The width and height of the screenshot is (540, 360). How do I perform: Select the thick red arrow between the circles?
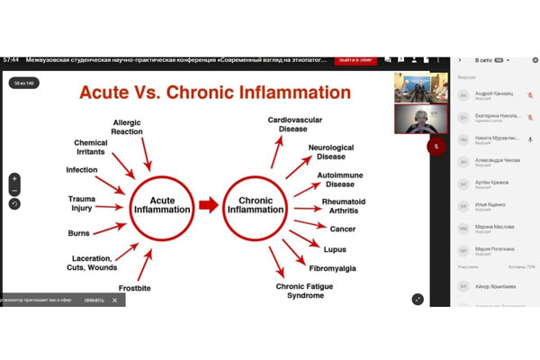(209, 204)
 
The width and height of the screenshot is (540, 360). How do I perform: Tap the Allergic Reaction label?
(127, 127)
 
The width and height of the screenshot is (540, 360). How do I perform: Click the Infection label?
(82, 170)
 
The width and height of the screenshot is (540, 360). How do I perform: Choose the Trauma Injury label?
(81, 203)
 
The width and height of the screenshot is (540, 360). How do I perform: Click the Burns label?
(78, 232)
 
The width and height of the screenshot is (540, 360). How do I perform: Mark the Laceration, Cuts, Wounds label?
(91, 263)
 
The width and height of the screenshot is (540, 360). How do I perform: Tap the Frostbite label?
(134, 288)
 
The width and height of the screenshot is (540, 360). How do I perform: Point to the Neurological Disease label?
(331, 152)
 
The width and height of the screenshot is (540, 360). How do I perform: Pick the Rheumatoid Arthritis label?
(343, 206)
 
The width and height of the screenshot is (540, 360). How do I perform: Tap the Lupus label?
(335, 247)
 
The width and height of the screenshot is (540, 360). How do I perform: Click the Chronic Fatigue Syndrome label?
(300, 291)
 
